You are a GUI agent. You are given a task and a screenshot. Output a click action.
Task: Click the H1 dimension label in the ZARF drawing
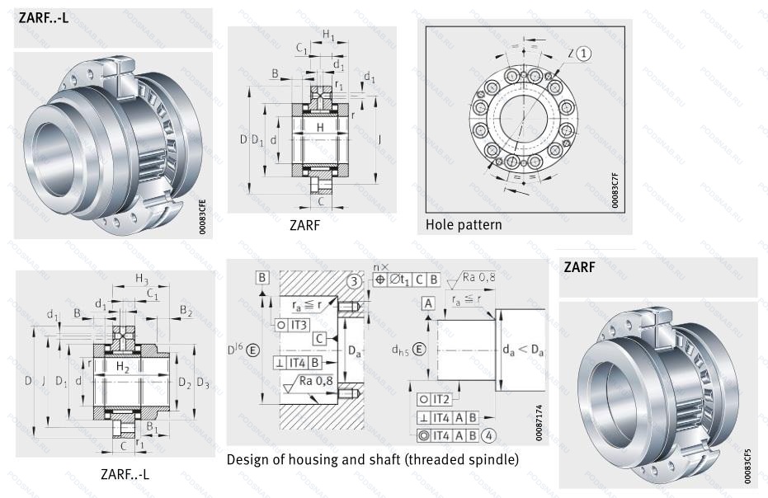328,35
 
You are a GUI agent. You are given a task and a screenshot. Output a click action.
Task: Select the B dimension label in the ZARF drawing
274,74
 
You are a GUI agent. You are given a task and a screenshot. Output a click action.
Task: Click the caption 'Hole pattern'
463,223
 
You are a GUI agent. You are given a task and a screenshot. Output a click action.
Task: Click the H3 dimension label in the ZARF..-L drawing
141,279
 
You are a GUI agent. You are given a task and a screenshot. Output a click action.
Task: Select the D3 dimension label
203,383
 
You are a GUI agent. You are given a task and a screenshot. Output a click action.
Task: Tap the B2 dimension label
186,311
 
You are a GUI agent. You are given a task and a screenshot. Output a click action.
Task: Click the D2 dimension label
184,383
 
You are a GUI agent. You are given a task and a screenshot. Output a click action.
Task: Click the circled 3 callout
353,281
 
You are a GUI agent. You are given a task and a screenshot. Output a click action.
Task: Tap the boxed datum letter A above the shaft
428,303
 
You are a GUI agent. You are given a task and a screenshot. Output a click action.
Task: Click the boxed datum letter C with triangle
318,338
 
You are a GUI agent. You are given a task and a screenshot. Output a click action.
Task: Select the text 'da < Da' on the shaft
522,350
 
